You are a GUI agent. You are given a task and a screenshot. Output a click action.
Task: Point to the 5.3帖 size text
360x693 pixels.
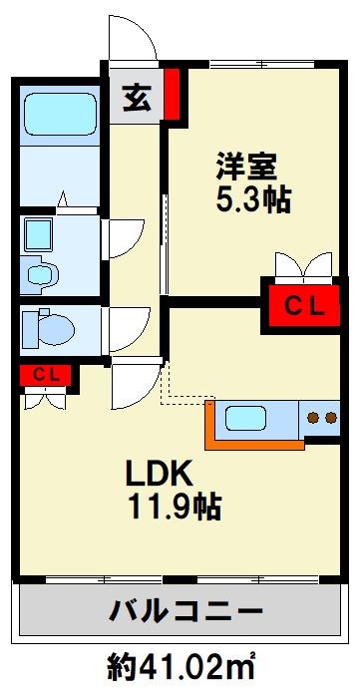(253, 199)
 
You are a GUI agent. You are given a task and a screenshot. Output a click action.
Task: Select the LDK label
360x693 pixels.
(151, 471)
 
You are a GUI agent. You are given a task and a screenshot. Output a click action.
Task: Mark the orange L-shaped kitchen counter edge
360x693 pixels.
(211, 424)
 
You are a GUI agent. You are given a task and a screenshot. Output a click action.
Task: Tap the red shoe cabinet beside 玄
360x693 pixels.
(172, 92)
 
